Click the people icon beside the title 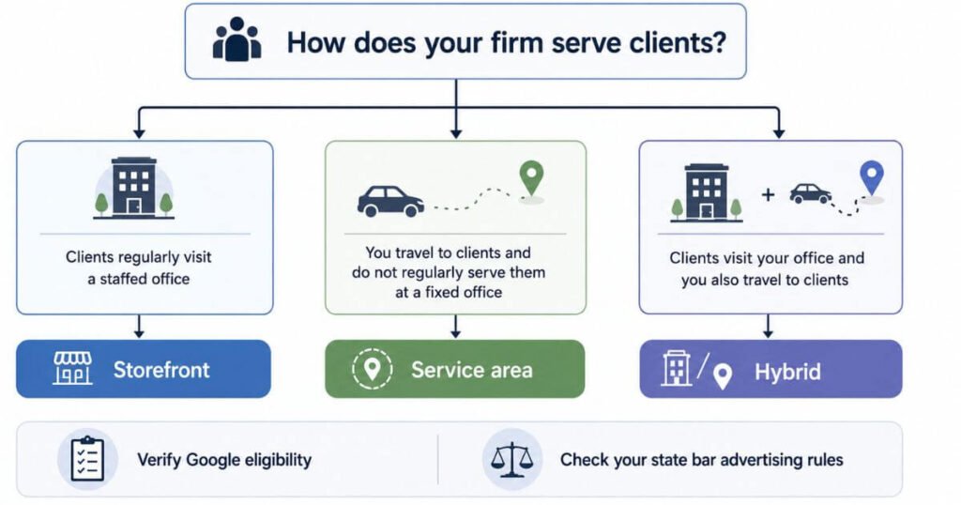(x=236, y=39)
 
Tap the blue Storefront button (x=144, y=369)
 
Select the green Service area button (x=455, y=369)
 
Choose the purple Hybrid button (x=770, y=370)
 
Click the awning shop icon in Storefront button (x=73, y=368)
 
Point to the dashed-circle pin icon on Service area (x=372, y=368)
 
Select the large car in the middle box (x=390, y=201)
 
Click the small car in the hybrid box (x=810, y=193)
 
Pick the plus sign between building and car (x=768, y=195)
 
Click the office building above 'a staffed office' (x=133, y=188)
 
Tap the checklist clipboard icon (x=87, y=459)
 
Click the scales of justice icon (x=511, y=460)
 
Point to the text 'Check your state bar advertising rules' (x=702, y=460)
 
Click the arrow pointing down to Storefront (x=139, y=326)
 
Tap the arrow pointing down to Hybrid (x=768, y=326)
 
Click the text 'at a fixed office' (x=449, y=292)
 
